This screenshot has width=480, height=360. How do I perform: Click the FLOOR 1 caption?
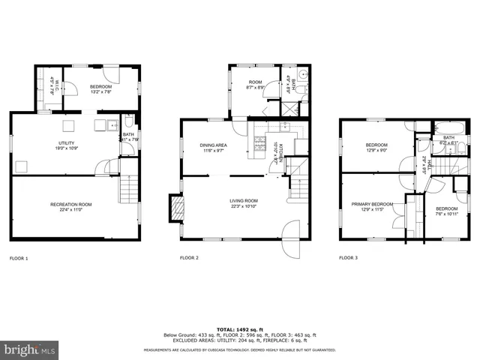coord(19,258)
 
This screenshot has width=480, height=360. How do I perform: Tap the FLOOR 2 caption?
coord(189,258)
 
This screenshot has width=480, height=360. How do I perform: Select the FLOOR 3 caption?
coord(348,258)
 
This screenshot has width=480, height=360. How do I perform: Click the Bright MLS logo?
coord(30,349)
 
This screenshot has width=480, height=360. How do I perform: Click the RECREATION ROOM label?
coord(70,204)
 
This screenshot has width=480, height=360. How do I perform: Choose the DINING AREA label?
coord(213,145)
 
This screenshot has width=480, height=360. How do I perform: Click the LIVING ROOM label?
coord(244,200)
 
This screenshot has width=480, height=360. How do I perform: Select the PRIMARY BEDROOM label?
coord(372,204)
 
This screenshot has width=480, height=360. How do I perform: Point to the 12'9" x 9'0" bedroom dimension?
coord(376,150)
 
